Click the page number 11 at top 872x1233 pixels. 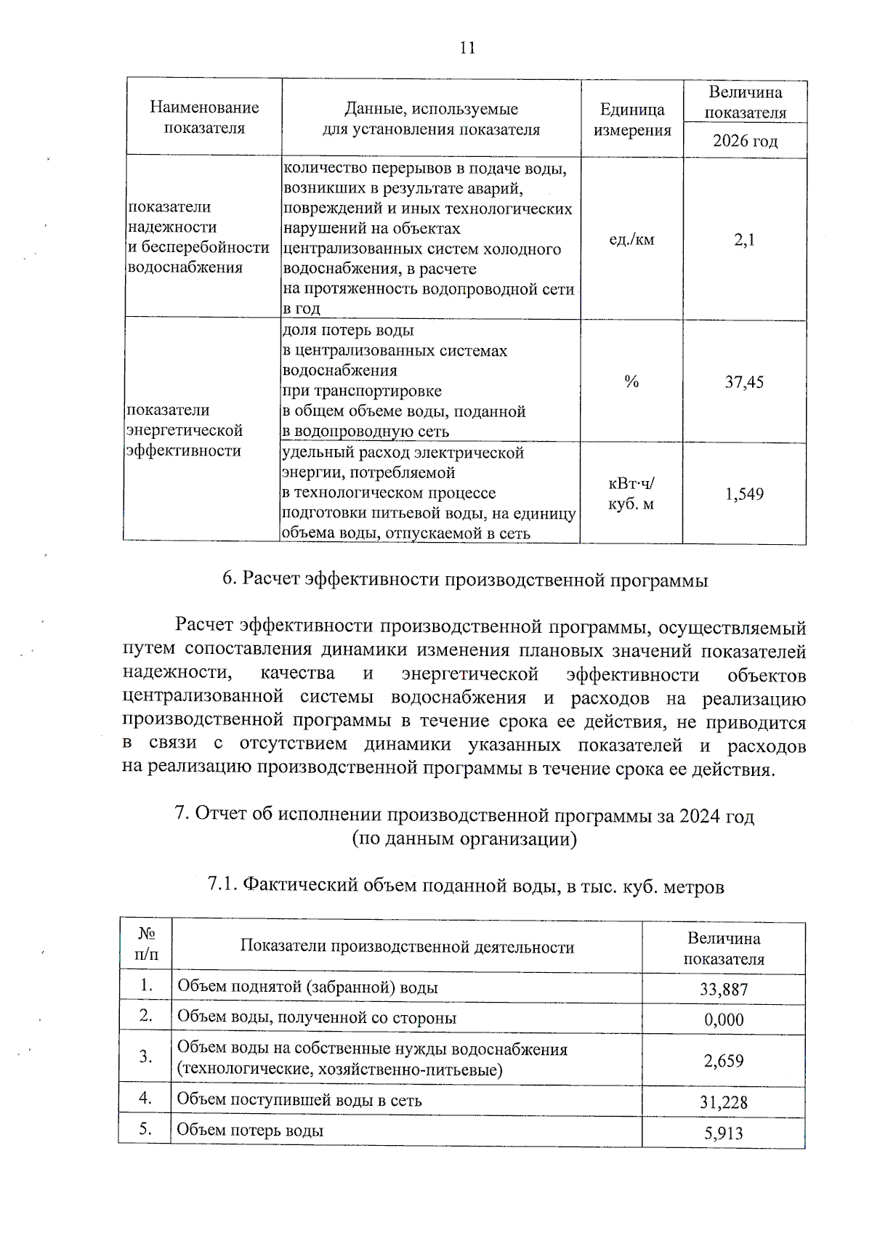[x=467, y=48]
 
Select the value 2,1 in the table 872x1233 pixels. [x=744, y=240]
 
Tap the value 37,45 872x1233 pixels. [x=744, y=382]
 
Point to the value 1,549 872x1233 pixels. [x=744, y=495]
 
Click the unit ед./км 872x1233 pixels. [x=631, y=240]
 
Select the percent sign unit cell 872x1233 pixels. [x=631, y=382]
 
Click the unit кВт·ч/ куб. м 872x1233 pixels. [x=631, y=493]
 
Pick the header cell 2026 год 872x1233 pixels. [x=745, y=141]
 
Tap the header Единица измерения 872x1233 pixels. [x=632, y=120]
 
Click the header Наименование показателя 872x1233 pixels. [x=204, y=118]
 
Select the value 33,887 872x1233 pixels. [x=724, y=989]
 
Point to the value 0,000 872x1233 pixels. [x=724, y=1019]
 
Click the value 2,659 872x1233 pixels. [x=724, y=1061]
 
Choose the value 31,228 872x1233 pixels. [x=724, y=1102]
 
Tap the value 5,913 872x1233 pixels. [x=724, y=1133]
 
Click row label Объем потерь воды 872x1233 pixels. [x=251, y=1131]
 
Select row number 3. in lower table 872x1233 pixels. [x=146, y=1056]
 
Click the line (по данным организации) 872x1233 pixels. [x=464, y=839]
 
